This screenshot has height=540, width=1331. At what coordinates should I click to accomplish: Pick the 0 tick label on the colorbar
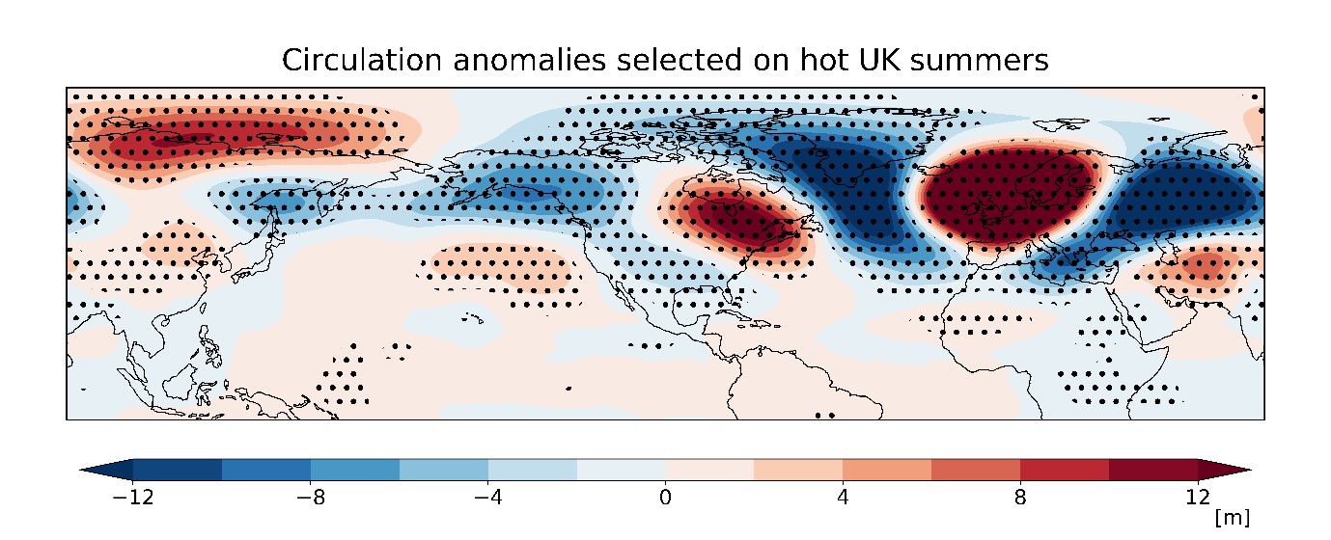[665, 499]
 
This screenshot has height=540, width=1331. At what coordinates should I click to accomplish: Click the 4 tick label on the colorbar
[843, 499]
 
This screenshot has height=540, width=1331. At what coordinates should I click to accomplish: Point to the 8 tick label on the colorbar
[1020, 499]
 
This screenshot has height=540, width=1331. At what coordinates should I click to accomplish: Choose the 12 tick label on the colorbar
[1198, 499]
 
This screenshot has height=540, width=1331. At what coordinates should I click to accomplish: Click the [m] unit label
[1233, 519]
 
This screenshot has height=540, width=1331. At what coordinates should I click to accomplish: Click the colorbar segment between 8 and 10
[1065, 470]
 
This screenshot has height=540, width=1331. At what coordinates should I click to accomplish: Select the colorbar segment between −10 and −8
[265, 470]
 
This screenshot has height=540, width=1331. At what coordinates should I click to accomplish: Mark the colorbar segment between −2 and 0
[621, 470]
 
